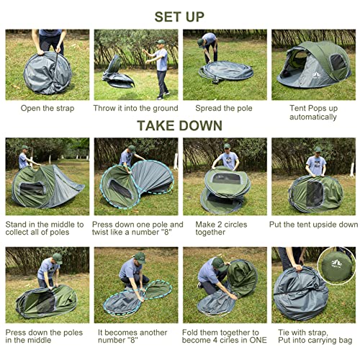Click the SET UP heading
click(x=179, y=16)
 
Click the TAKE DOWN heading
click(x=179, y=125)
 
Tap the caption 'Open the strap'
click(x=48, y=108)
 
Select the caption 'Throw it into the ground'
click(x=136, y=108)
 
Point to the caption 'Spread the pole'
click(x=225, y=108)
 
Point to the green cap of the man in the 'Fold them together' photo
click(x=215, y=261)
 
